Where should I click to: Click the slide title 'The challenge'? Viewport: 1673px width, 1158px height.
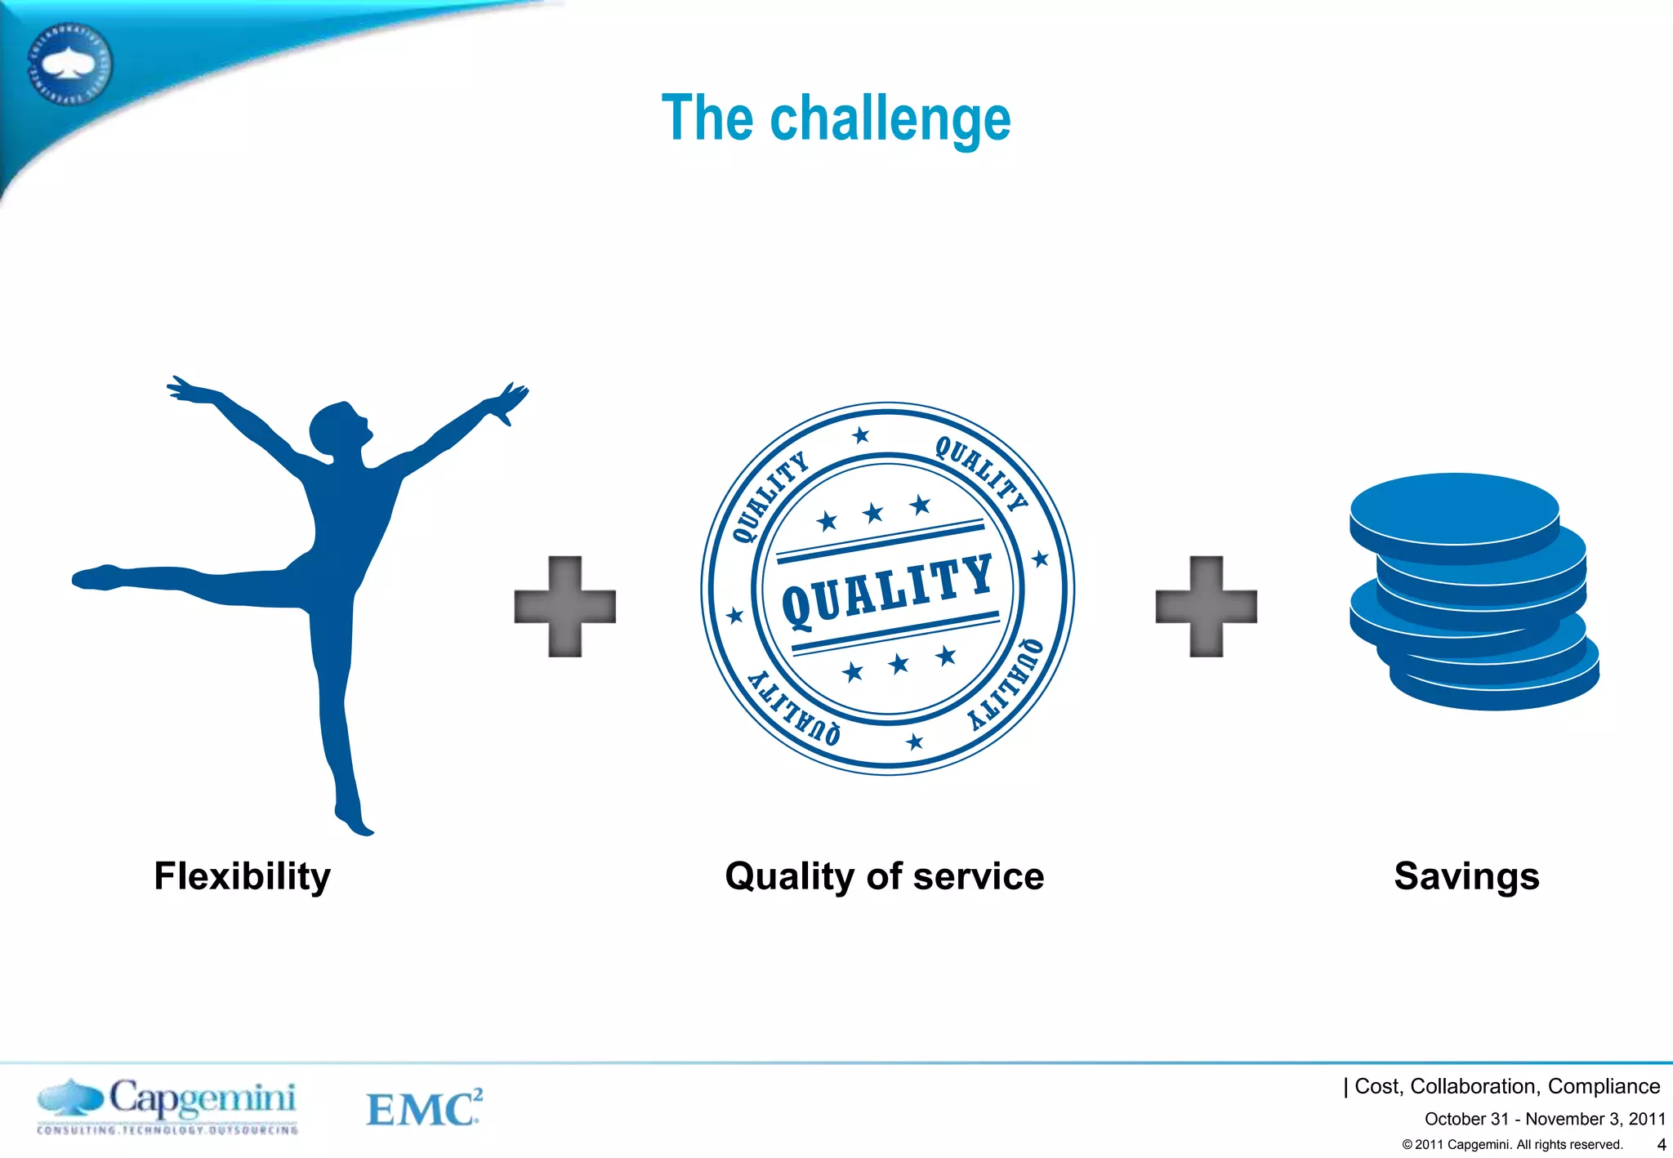(836, 118)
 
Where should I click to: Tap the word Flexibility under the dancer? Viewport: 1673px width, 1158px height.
(242, 876)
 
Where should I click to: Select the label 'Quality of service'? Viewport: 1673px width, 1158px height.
(884, 876)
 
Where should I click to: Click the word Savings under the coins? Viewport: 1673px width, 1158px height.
(1466, 876)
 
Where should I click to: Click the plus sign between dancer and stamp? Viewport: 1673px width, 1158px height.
(564, 606)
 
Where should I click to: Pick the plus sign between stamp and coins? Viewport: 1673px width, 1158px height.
(1206, 606)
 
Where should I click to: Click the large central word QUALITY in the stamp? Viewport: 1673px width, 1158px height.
(887, 590)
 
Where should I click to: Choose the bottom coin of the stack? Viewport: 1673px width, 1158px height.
(1495, 686)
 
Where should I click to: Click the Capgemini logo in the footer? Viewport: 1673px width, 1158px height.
(167, 1106)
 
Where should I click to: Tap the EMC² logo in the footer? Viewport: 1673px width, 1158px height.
(423, 1108)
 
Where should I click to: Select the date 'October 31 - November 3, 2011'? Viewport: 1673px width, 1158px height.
(1544, 1119)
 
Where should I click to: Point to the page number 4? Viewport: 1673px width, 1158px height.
(1661, 1144)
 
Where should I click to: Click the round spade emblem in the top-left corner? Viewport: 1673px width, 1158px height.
(69, 64)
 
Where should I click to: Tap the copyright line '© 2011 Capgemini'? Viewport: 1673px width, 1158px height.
(1511, 1144)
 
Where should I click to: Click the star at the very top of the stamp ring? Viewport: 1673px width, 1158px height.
(860, 435)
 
